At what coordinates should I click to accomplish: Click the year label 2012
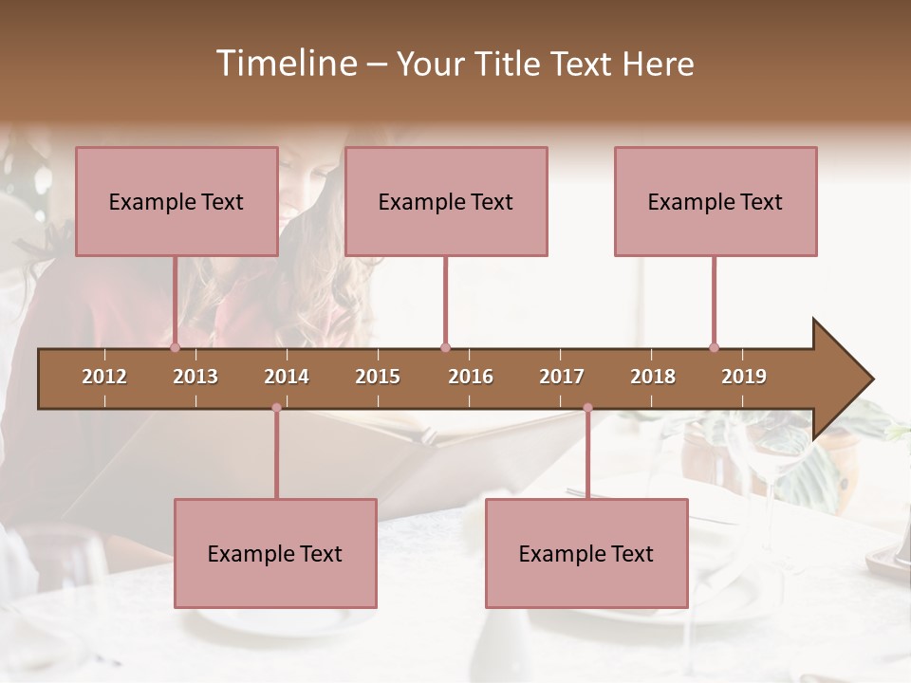104,377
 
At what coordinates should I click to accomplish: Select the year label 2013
195,377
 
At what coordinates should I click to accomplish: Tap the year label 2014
287,377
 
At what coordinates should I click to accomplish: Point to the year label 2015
378,377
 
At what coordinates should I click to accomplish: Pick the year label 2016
471,377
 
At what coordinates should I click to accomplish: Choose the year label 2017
562,377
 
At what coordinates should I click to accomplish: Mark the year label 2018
653,377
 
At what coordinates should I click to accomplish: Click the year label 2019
744,377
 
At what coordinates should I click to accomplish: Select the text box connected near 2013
177,201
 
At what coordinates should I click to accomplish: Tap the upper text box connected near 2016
446,201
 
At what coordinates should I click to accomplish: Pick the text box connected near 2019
716,201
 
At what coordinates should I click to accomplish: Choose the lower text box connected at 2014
275,553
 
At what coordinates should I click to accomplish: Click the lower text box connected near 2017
586,553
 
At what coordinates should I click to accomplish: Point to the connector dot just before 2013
176,347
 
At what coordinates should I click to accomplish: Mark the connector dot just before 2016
445,347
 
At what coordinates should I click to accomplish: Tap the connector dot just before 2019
715,347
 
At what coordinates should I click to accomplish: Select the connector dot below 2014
276,408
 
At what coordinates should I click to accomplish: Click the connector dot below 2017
587,408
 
